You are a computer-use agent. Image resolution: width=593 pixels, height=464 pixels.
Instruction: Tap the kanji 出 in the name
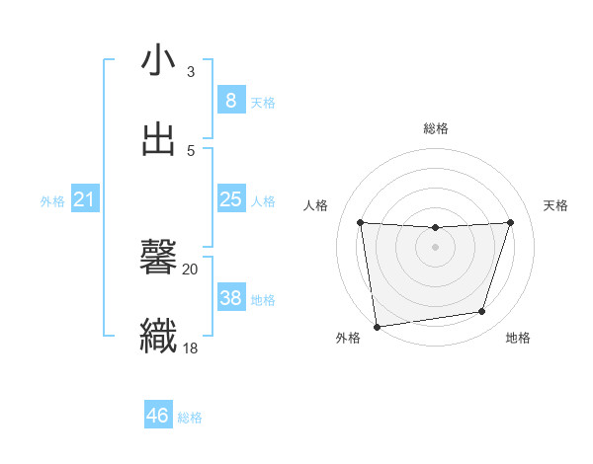pyautogui.click(x=159, y=138)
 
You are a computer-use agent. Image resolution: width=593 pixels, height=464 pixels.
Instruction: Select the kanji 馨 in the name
pyautogui.click(x=159, y=259)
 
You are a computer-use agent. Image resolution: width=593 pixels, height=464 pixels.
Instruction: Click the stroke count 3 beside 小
pyautogui.click(x=191, y=72)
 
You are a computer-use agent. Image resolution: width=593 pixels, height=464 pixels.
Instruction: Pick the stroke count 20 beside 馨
pyautogui.click(x=190, y=269)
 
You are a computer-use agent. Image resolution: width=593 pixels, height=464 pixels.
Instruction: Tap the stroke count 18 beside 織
pyautogui.click(x=190, y=347)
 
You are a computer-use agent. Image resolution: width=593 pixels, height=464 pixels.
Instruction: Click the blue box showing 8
pyautogui.click(x=230, y=101)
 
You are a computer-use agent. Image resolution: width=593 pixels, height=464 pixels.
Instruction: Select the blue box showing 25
pyautogui.click(x=230, y=199)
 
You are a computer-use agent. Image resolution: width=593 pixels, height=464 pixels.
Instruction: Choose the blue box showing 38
pyautogui.click(x=230, y=298)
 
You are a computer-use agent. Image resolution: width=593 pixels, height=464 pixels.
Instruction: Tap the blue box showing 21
pyautogui.click(x=84, y=200)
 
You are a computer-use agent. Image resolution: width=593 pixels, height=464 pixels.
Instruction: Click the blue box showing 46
pyautogui.click(x=157, y=416)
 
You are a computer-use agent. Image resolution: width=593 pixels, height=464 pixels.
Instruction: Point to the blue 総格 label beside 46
pyautogui.click(x=190, y=418)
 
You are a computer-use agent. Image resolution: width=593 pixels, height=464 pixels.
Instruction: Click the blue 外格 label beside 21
pyautogui.click(x=52, y=201)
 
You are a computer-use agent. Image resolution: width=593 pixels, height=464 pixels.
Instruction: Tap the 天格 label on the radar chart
pyautogui.click(x=555, y=205)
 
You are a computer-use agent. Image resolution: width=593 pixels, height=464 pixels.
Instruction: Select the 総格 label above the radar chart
pyautogui.click(x=436, y=128)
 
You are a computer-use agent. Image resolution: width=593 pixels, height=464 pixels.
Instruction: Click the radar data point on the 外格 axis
pyautogui.click(x=377, y=326)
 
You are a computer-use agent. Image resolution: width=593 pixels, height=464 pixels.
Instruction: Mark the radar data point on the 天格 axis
pyautogui.click(x=510, y=222)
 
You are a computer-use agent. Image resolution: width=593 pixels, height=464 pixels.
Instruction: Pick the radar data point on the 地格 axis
pyautogui.click(x=482, y=312)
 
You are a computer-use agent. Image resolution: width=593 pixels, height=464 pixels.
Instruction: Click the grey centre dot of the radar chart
pyautogui.click(x=435, y=247)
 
